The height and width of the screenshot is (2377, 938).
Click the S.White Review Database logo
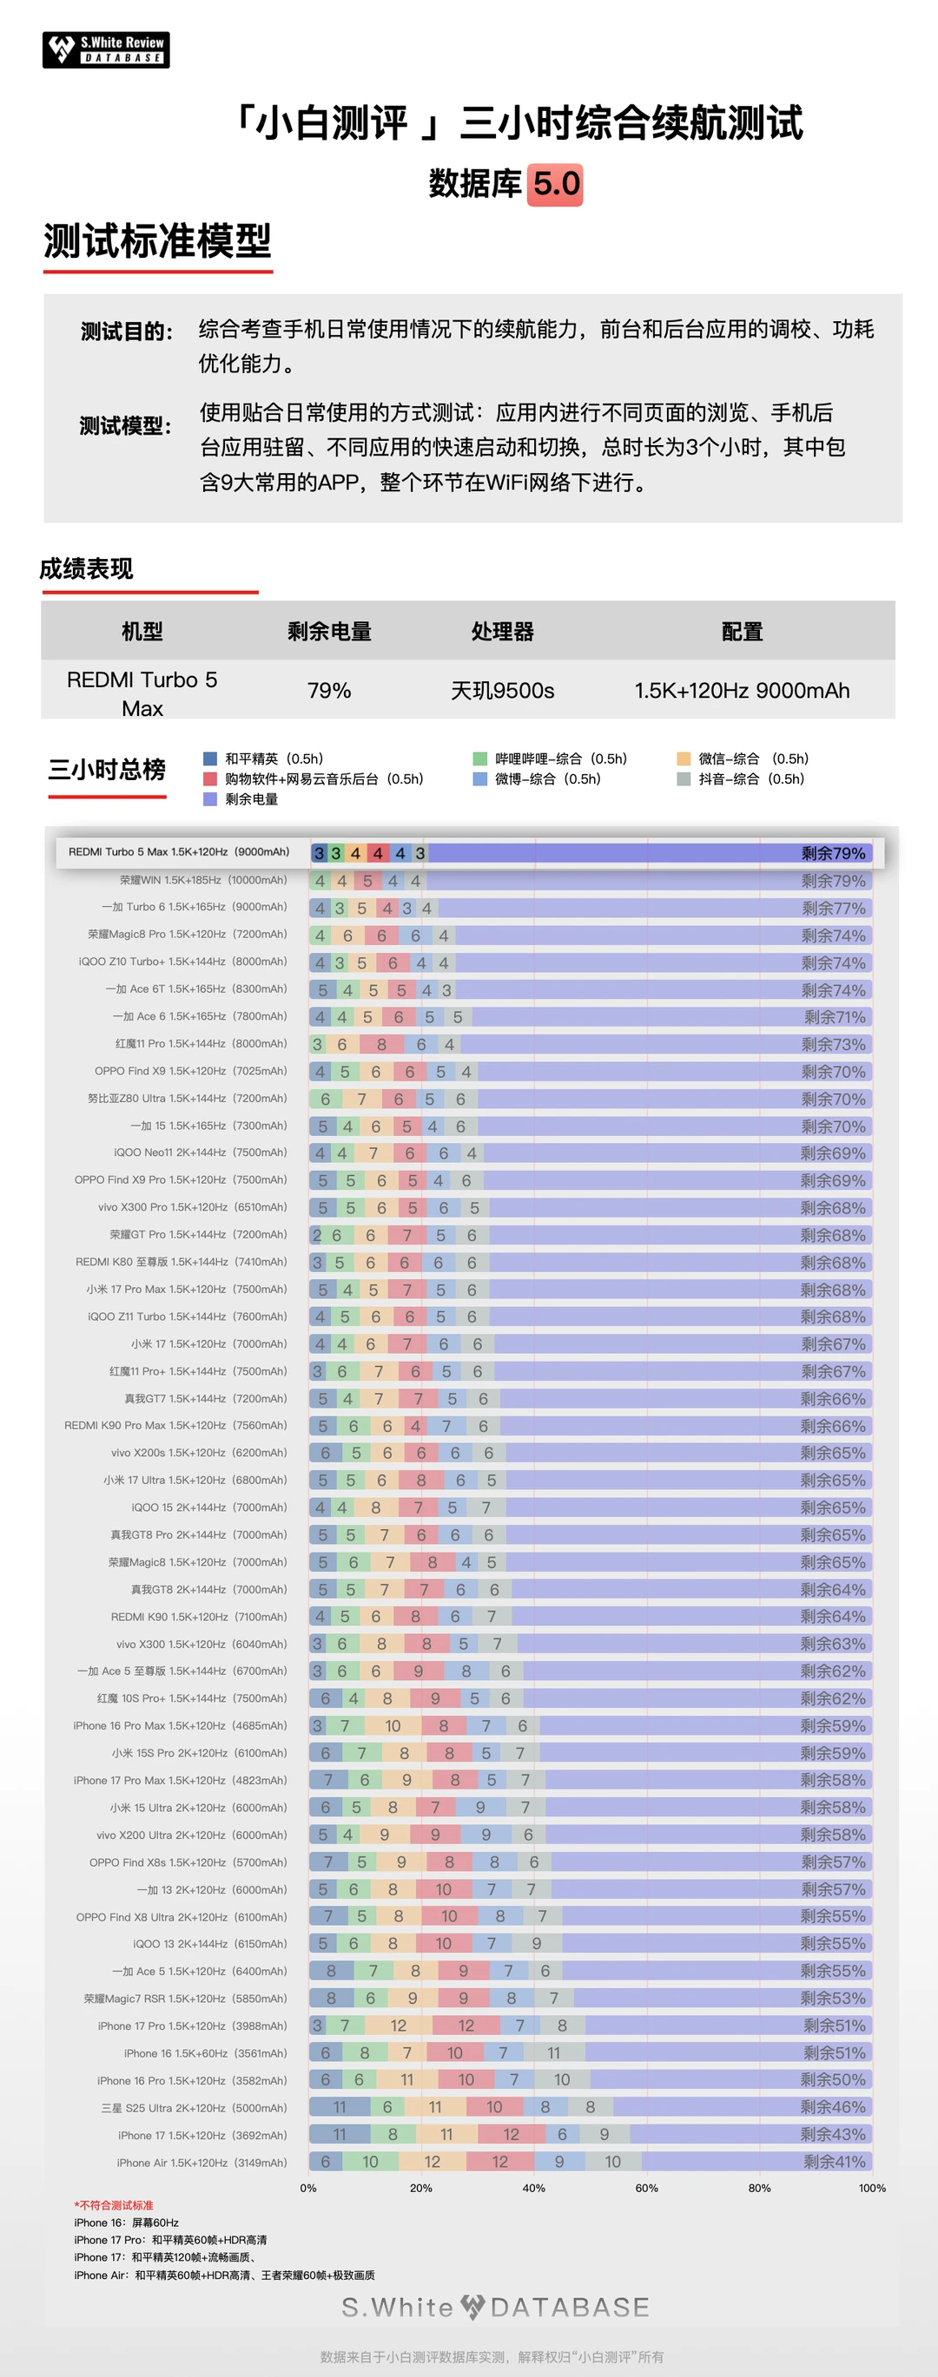pyautogui.click(x=106, y=49)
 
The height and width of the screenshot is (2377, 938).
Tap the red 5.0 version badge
pyautogui.click(x=556, y=184)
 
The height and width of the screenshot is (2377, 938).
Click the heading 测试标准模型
pyautogui.click(x=158, y=241)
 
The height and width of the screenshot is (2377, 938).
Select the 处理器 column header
pyautogui.click(x=502, y=631)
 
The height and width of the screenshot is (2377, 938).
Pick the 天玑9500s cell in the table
pyautogui.click(x=502, y=690)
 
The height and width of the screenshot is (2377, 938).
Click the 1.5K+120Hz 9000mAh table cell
pyautogui.click(x=742, y=690)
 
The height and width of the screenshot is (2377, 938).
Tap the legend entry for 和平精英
pyautogui.click(x=264, y=758)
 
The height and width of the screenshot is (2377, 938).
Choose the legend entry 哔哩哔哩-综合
pyautogui.click(x=551, y=758)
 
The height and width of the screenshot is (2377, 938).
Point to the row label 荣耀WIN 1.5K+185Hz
pyautogui.click(x=203, y=880)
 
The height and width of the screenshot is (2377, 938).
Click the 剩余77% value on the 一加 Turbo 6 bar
pyautogui.click(x=833, y=908)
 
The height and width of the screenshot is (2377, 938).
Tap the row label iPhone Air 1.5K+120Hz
pyautogui.click(x=201, y=2162)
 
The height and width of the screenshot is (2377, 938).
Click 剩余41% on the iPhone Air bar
pyautogui.click(x=834, y=2161)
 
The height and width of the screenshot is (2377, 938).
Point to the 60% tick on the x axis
pyautogui.click(x=646, y=2188)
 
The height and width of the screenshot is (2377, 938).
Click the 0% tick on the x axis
pyautogui.click(x=308, y=2188)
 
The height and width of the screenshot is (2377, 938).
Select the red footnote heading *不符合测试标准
pyautogui.click(x=114, y=2205)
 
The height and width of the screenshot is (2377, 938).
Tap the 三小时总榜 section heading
pyautogui.click(x=107, y=770)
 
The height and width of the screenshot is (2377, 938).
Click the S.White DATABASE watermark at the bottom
pyautogui.click(x=496, y=2307)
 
